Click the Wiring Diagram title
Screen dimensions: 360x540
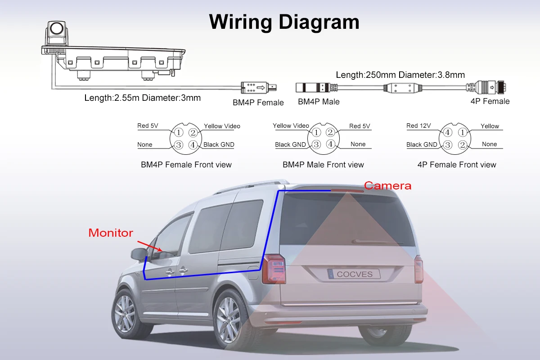click(284, 22)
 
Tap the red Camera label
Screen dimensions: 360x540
click(387, 185)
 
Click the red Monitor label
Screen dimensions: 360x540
click(111, 233)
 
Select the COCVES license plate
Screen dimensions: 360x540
click(354, 274)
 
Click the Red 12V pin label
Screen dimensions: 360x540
click(418, 126)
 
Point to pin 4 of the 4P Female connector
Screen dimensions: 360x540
click(447, 133)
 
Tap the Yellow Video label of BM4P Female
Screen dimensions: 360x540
click(222, 126)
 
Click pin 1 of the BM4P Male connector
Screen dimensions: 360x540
click(316, 132)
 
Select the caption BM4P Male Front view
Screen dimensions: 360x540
click(323, 165)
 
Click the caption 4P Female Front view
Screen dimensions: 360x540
click(456, 165)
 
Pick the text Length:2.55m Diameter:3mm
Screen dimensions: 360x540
click(143, 98)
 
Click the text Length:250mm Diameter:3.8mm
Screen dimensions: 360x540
click(400, 75)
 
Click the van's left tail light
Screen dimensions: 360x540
click(274, 269)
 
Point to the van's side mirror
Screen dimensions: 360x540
click(138, 253)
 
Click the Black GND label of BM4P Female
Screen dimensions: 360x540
click(219, 144)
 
